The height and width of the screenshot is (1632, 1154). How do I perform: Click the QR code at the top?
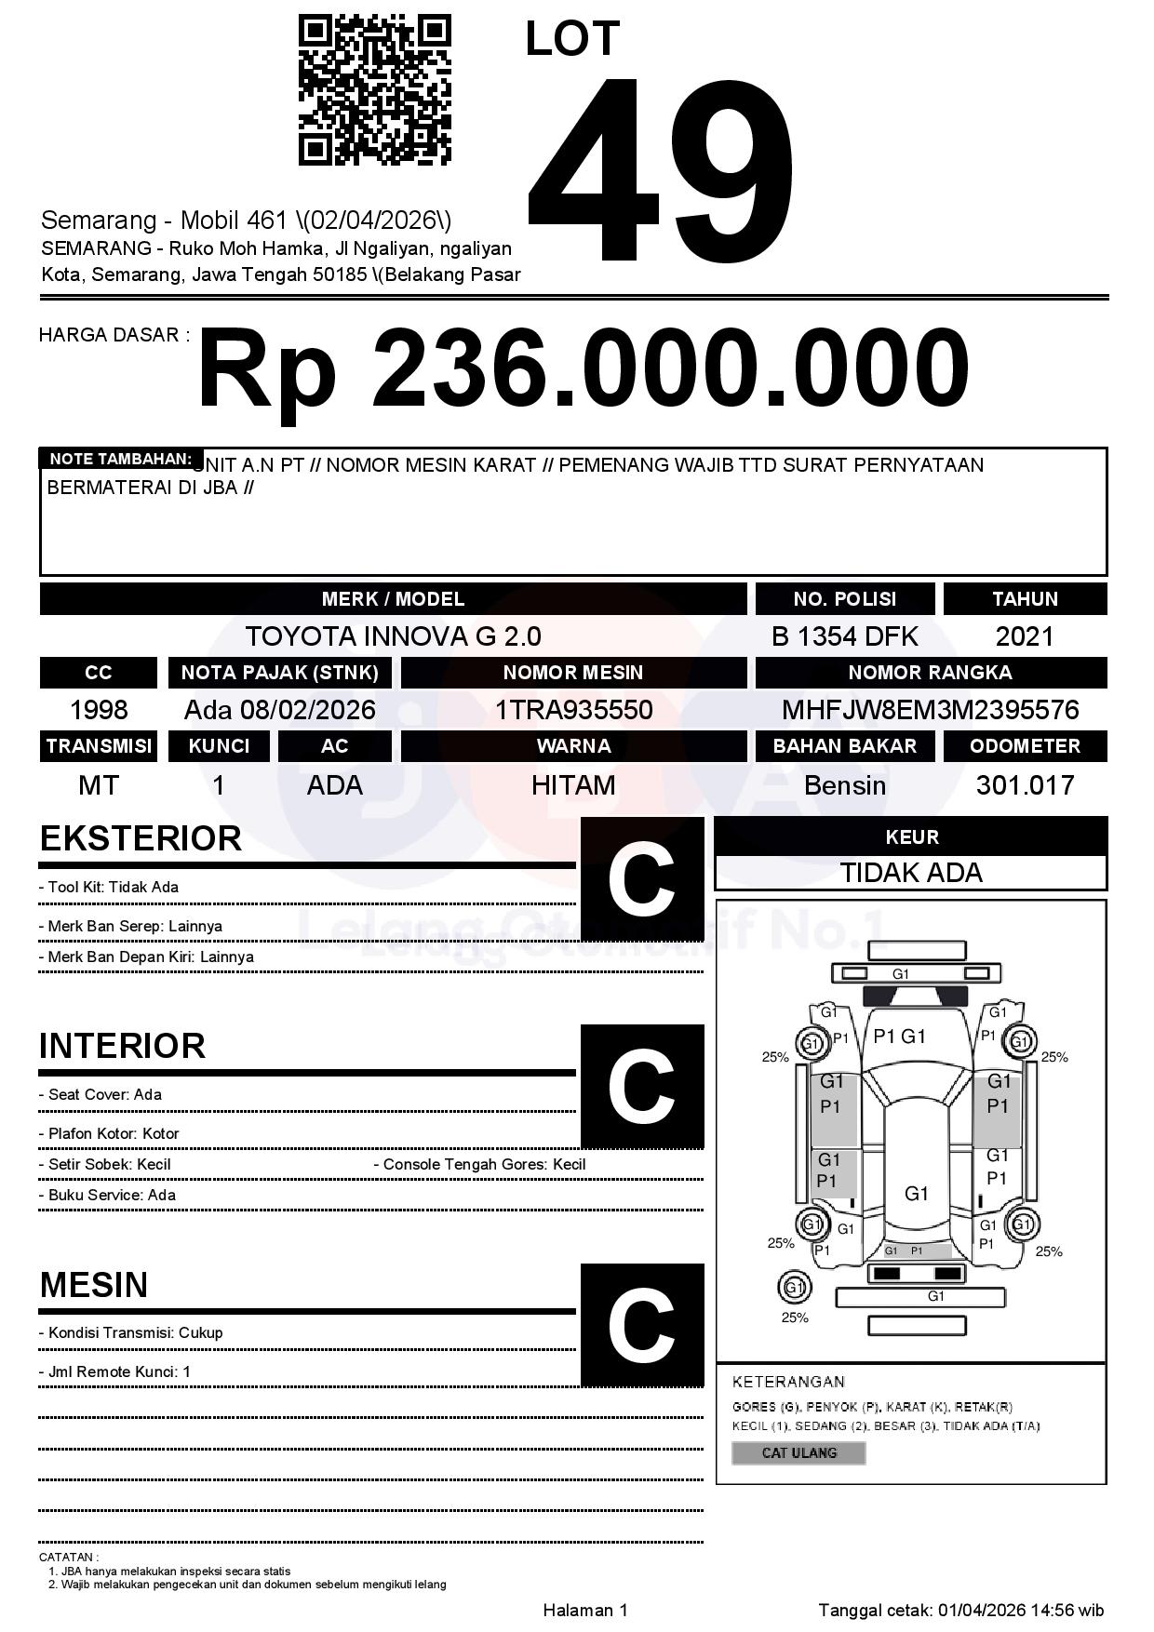coord(374,90)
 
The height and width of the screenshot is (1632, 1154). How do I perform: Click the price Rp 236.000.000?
coord(583,368)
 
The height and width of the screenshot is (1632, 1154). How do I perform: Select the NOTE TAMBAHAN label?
coord(120,459)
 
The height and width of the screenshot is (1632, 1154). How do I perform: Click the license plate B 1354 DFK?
coord(844,636)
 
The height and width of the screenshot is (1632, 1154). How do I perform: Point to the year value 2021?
coord(1024,636)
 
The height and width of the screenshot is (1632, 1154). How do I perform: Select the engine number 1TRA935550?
coord(573,711)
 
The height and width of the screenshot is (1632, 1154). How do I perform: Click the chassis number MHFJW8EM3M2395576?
coord(930,711)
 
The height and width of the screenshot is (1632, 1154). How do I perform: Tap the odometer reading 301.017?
coord(1024,785)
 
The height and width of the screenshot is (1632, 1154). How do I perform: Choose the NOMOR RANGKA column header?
coord(930,673)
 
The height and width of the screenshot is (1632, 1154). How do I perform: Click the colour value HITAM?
coord(573,785)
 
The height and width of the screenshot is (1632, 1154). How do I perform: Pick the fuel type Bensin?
coord(844,785)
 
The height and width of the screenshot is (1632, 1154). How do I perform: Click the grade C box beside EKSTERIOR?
coord(641,879)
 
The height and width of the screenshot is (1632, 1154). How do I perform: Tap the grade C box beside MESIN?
coord(641,1325)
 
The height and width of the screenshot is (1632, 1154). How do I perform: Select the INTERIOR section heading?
coord(122,1046)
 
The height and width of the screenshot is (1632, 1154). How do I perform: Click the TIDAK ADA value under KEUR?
coord(910,873)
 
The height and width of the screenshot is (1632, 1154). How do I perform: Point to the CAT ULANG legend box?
coord(798,1452)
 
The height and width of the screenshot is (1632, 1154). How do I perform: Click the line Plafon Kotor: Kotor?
coord(113,1133)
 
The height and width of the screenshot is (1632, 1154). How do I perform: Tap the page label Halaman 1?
coord(585,1610)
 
